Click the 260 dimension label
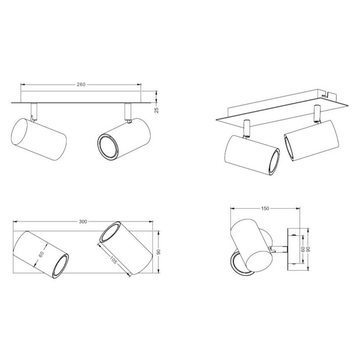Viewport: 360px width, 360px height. (81, 85)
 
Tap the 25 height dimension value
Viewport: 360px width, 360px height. (157, 110)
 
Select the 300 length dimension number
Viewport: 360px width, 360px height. (83, 221)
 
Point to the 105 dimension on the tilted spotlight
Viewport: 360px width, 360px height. (113, 260)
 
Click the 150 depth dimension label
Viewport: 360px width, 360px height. (265, 208)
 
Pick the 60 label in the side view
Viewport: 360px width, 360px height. (303, 249)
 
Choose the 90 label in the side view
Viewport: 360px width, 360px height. (308, 249)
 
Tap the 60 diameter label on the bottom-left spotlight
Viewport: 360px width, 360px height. (41, 254)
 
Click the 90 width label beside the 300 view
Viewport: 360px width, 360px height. (158, 251)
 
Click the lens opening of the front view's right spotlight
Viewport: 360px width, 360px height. (107, 146)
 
